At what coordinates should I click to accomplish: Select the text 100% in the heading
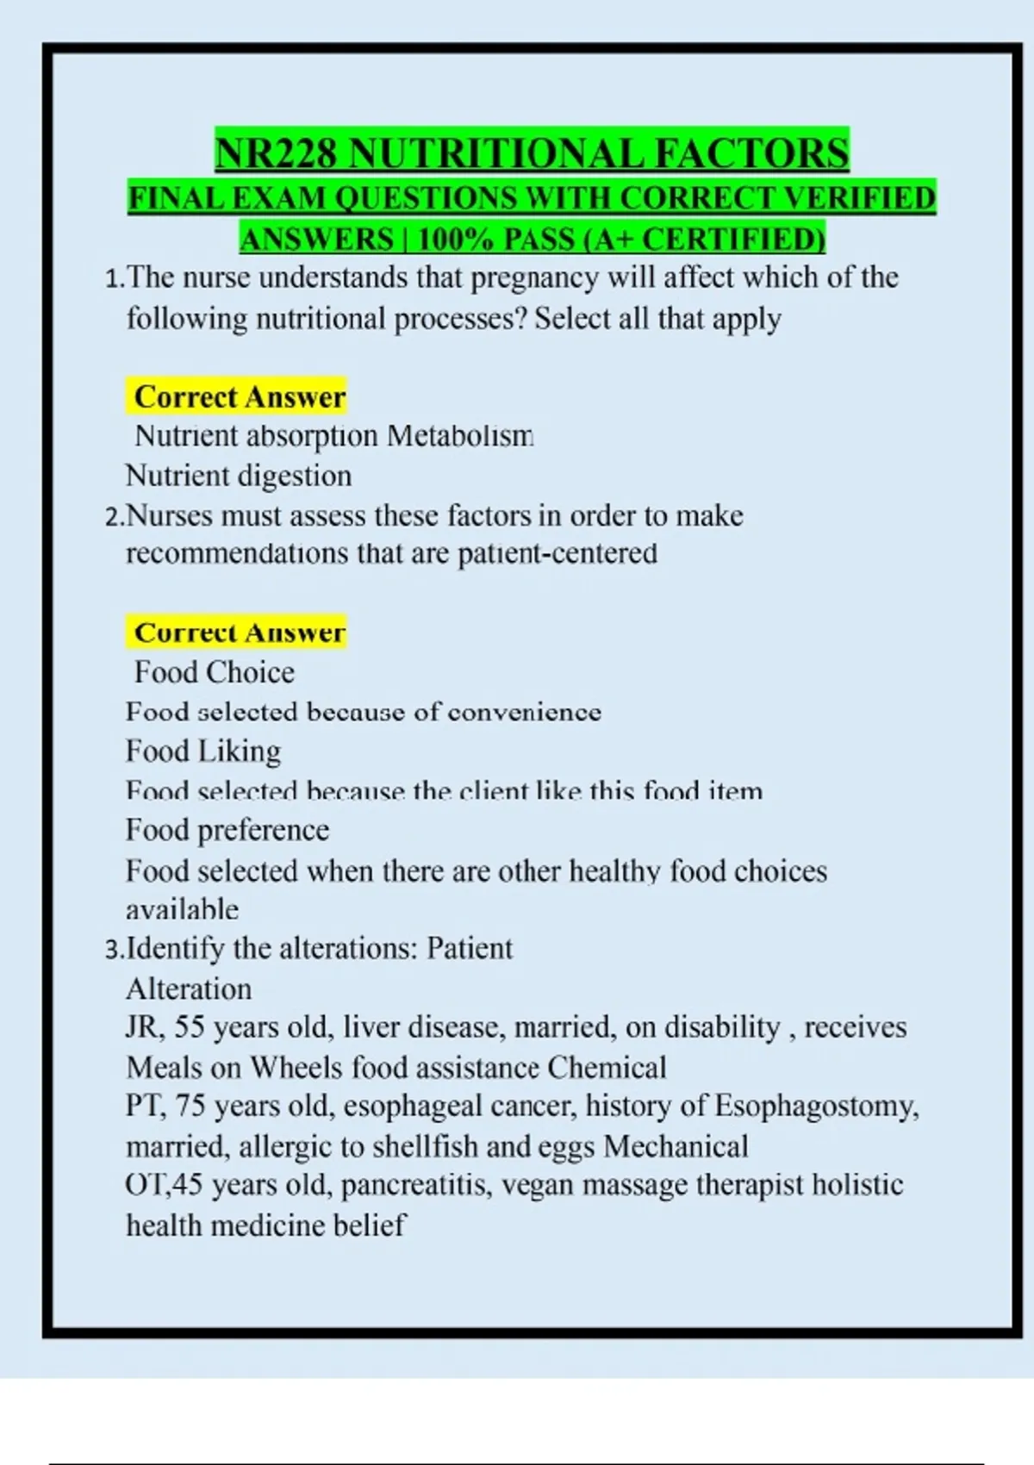(455, 239)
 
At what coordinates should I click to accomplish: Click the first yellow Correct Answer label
(239, 397)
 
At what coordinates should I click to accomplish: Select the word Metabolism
(460, 436)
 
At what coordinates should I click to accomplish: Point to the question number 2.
(113, 517)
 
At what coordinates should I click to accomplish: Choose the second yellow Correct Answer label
(239, 633)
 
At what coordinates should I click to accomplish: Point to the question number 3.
(113, 950)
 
